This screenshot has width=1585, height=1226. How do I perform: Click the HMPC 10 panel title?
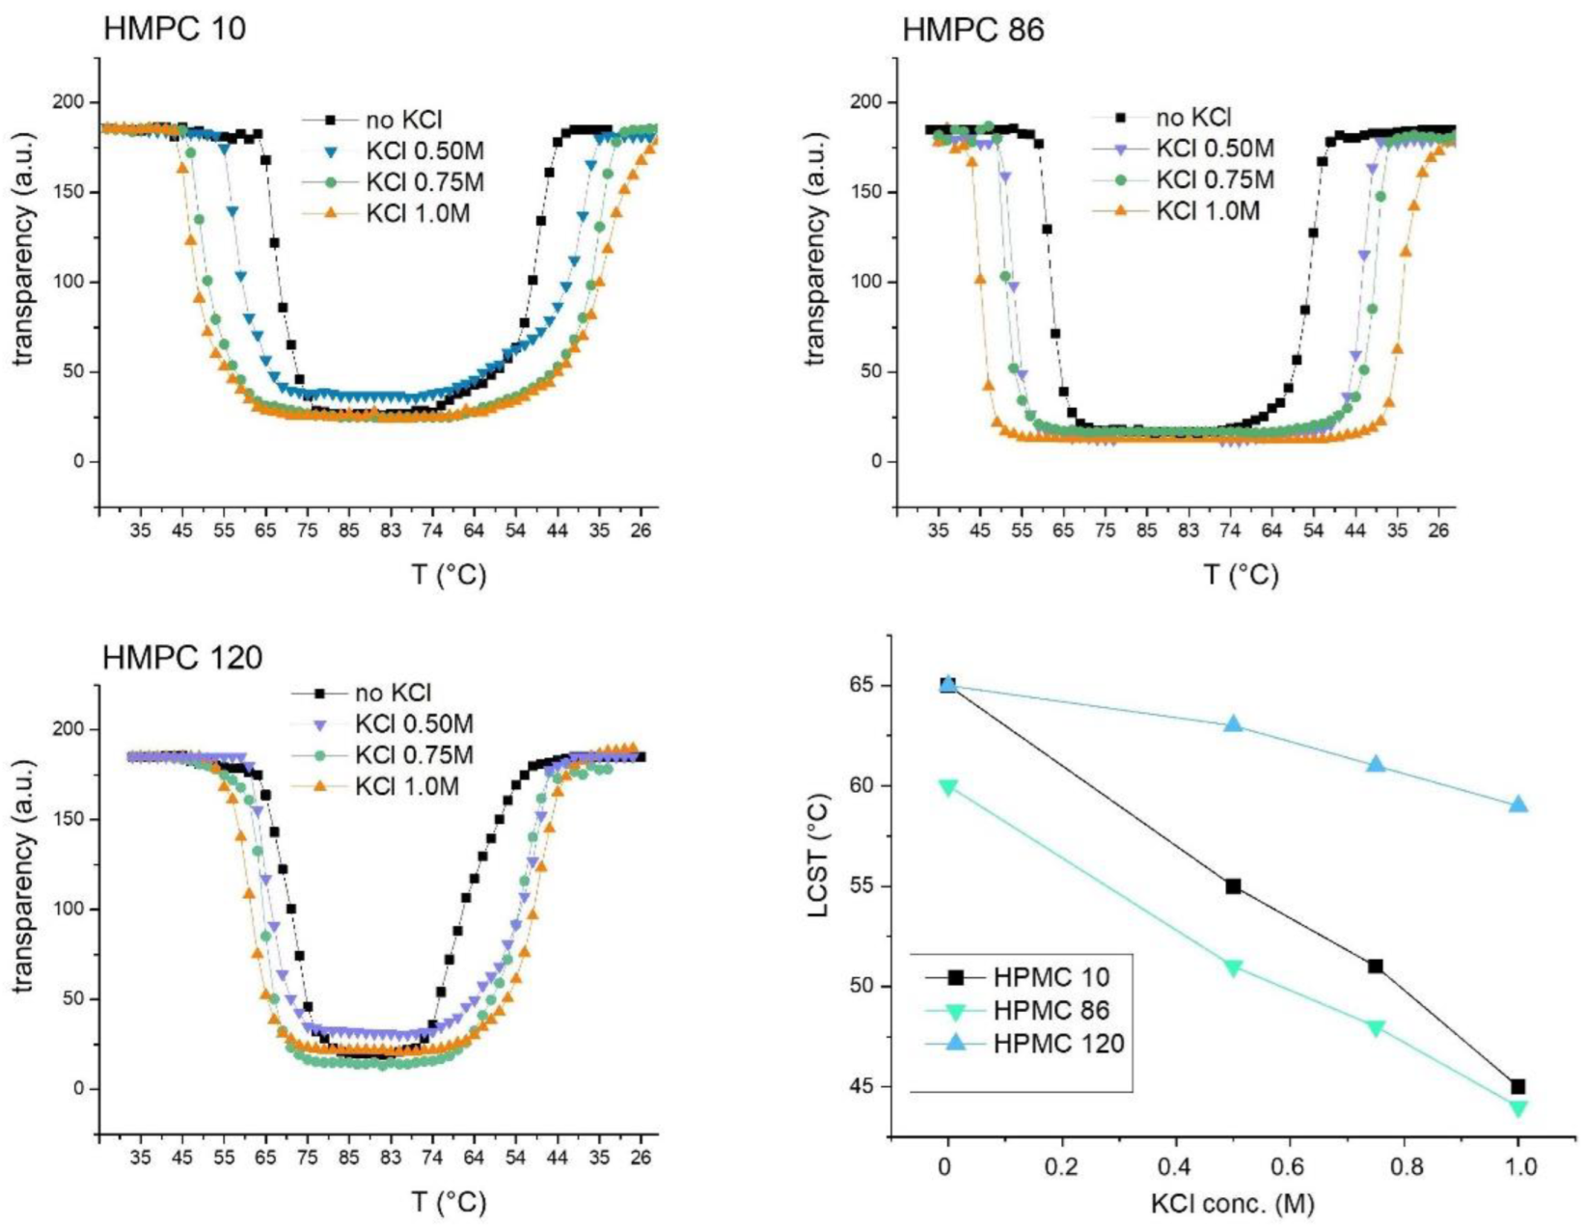175,29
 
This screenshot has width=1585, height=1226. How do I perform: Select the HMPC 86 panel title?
972,29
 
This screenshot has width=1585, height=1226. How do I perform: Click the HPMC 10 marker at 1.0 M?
1518,1087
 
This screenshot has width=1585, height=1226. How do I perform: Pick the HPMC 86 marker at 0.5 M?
1233,967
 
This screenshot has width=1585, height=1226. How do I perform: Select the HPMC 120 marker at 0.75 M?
1376,764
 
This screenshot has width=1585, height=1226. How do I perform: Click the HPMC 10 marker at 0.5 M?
1233,886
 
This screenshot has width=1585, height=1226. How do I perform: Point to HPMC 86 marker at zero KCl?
947,787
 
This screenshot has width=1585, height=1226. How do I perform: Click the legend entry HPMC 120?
1058,1044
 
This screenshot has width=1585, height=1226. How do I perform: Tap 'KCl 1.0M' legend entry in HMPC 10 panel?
417,214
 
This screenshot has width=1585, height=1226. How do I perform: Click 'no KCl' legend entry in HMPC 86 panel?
1193,118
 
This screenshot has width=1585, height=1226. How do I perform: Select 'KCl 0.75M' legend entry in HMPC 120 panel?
413,755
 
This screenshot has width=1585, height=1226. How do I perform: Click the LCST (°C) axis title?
819,855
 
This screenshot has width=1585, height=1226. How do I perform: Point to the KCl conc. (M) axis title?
1232,1203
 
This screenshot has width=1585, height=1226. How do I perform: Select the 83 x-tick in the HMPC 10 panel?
390,531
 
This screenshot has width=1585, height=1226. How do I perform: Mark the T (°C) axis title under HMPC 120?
449,1203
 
